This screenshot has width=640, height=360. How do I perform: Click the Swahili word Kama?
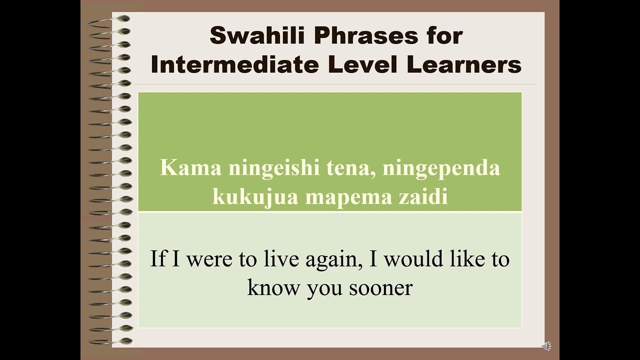[x=190, y=168]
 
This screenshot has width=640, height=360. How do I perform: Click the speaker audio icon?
[x=546, y=346]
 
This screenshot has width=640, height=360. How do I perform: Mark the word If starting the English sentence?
[x=158, y=259]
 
